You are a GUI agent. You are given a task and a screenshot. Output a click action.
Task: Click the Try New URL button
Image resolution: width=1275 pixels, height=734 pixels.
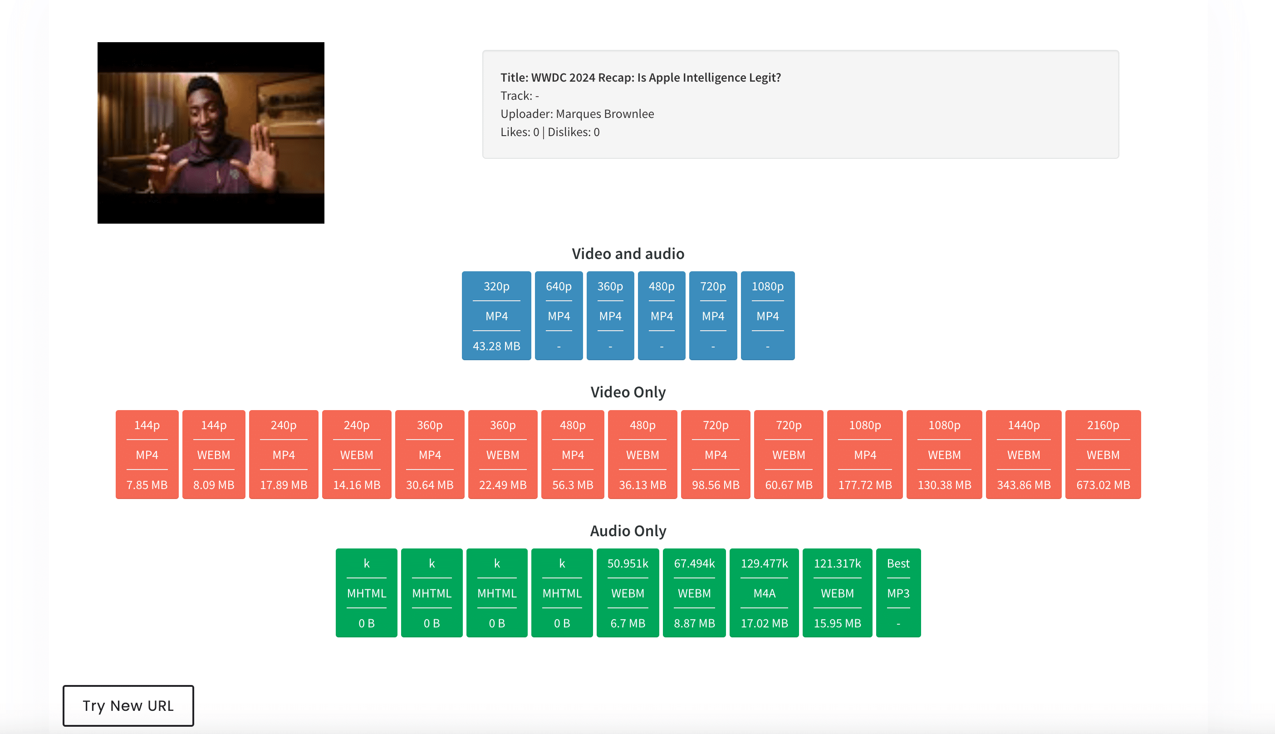pos(128,705)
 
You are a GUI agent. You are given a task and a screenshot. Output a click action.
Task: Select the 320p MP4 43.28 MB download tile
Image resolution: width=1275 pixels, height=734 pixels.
pos(496,316)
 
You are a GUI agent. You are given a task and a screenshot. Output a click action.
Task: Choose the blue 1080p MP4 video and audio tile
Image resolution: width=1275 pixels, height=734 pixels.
pos(767,316)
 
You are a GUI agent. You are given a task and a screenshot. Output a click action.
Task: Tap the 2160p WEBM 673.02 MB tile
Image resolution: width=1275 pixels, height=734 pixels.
pos(1103,454)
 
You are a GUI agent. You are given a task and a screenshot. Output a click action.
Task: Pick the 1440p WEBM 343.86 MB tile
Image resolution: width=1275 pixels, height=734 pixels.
pos(1024,454)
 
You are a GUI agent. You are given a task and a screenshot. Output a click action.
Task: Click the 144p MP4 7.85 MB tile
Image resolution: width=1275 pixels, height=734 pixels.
pos(147,454)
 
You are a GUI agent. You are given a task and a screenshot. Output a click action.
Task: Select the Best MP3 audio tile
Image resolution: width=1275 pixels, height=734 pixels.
pos(898,593)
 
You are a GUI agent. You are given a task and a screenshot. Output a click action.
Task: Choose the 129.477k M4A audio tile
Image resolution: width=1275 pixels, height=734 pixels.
pos(764,593)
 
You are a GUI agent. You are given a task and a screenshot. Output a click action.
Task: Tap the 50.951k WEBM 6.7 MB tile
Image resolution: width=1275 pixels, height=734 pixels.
pos(628,593)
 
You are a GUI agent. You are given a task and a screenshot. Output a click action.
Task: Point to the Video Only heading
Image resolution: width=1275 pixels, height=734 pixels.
pos(628,392)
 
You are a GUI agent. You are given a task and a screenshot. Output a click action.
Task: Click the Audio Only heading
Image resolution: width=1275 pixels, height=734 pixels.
pos(628,531)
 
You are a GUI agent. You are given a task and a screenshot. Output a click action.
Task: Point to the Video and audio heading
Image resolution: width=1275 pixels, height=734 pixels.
pos(628,254)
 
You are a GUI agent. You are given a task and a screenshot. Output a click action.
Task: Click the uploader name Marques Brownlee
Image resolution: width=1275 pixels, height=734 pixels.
pos(605,114)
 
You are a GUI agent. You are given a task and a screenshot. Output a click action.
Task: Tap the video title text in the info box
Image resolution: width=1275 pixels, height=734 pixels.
pos(641,78)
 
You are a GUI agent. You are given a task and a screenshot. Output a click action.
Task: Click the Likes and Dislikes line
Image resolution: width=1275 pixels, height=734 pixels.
pos(550,132)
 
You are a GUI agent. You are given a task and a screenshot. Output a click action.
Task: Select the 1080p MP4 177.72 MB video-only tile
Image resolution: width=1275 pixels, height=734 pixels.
pos(865,454)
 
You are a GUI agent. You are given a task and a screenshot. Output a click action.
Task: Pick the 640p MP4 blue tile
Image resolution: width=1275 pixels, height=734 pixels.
pos(559,316)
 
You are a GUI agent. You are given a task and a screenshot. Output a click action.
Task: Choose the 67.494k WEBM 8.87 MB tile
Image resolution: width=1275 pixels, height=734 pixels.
pos(694,593)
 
